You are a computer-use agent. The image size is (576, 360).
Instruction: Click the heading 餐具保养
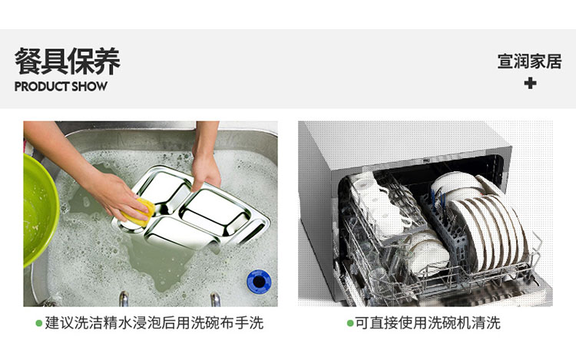(68, 61)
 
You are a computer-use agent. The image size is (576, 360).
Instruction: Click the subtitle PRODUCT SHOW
(61, 87)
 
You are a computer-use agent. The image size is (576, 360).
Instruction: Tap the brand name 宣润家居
(530, 61)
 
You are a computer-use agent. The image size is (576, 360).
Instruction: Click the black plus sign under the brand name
(530, 84)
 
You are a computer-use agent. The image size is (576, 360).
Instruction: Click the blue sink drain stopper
(259, 282)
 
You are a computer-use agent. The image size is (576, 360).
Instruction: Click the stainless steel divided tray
(195, 210)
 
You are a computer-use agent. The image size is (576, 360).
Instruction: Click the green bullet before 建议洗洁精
(39, 323)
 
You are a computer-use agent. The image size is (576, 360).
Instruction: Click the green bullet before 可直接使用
(350, 323)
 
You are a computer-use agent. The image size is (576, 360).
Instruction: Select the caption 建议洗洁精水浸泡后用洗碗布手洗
(154, 323)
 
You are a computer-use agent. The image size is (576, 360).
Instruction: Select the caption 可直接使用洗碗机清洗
(428, 323)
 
